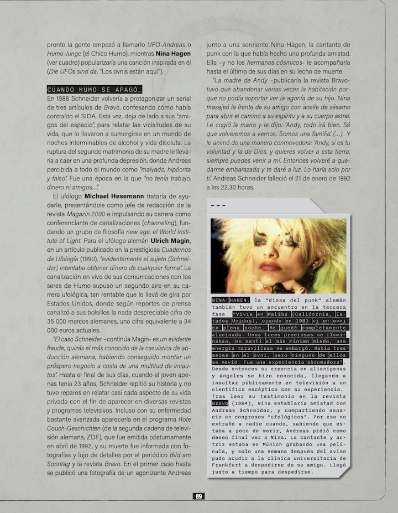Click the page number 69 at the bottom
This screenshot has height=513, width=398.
point(199,496)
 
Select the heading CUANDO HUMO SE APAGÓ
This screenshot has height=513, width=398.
point(95,90)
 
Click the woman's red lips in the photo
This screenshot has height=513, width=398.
point(271,266)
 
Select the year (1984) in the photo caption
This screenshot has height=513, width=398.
point(240,403)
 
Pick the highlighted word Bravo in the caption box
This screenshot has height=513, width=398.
point(220,403)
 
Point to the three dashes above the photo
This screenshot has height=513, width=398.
point(218,207)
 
